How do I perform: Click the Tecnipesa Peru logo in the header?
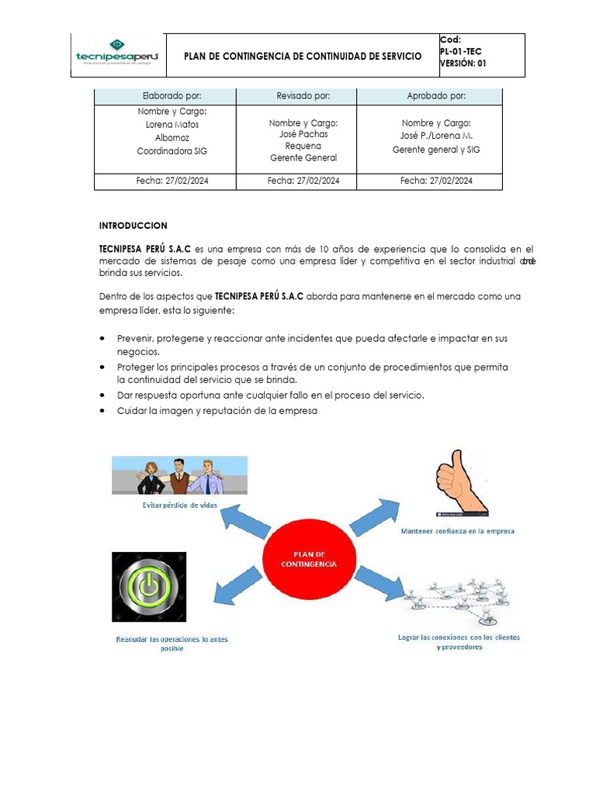116,55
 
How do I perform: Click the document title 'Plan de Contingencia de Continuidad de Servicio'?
303,57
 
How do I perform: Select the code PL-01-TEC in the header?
460,52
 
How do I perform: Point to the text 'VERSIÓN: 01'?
463,64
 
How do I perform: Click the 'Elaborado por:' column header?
165,96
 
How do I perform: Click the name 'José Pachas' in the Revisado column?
303,134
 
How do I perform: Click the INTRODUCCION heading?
133,226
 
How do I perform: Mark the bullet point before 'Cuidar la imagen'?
104,412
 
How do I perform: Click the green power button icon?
149,587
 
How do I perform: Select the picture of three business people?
180,475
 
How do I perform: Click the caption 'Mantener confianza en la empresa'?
457,531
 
